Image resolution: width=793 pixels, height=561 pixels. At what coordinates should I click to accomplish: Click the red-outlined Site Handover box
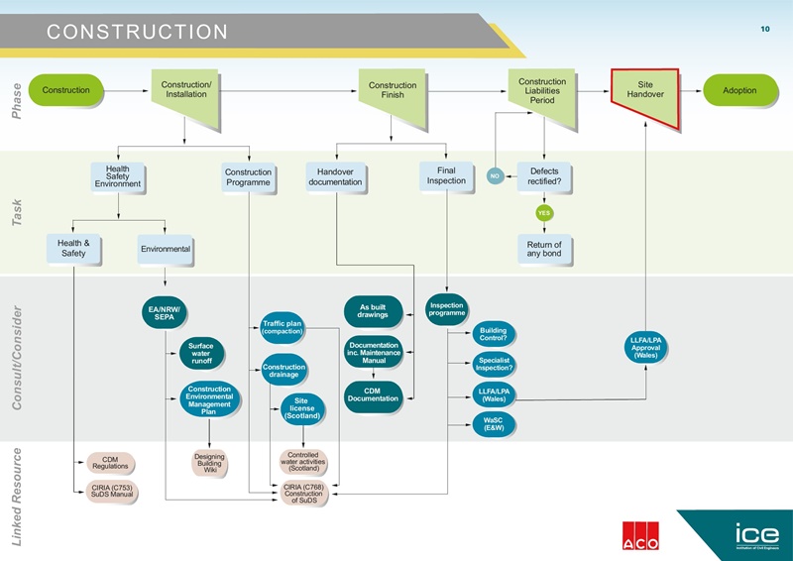pyautogui.click(x=645, y=95)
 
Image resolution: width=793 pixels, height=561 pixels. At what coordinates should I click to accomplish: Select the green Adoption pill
pyautogui.click(x=739, y=90)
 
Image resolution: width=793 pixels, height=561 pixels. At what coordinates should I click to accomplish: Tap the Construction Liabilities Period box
pyautogui.click(x=542, y=91)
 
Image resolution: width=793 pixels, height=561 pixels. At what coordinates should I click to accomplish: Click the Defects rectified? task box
pyautogui.click(x=544, y=176)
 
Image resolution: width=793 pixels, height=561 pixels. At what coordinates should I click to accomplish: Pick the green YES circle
pyautogui.click(x=544, y=213)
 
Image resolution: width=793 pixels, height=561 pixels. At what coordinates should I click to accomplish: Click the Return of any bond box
pyautogui.click(x=544, y=250)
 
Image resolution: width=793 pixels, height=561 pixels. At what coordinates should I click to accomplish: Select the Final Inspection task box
pyautogui.click(x=445, y=175)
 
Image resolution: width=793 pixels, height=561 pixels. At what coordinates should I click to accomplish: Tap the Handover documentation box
pyautogui.click(x=335, y=176)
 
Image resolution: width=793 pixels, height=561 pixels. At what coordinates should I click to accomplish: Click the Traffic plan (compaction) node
pyautogui.click(x=283, y=326)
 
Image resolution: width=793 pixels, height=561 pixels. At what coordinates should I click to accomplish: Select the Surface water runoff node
pyautogui.click(x=201, y=354)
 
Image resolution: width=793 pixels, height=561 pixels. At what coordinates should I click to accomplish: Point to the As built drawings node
pyautogui.click(x=373, y=311)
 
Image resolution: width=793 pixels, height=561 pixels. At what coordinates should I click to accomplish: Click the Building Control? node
pyautogui.click(x=493, y=334)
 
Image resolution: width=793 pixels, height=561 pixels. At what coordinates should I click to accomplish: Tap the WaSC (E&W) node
pyautogui.click(x=493, y=424)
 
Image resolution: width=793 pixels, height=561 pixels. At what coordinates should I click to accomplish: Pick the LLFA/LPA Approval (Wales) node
pyautogui.click(x=645, y=348)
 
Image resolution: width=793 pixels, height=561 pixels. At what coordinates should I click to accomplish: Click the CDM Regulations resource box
pyautogui.click(x=108, y=463)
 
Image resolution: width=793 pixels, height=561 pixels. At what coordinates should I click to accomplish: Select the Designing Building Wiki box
pyautogui.click(x=209, y=462)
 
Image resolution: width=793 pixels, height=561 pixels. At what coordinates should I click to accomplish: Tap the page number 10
pyautogui.click(x=764, y=30)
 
